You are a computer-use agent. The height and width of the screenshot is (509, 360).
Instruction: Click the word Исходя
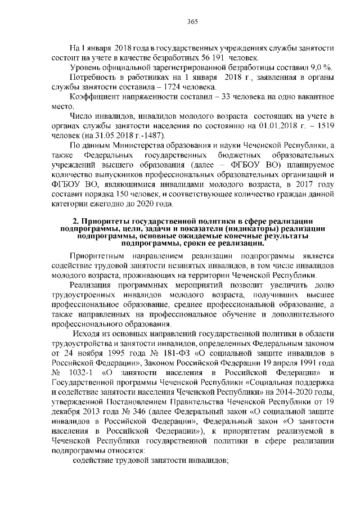coord(93,333)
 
